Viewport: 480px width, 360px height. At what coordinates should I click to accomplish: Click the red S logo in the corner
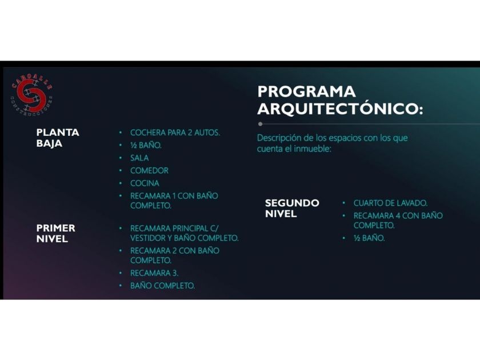click(x=31, y=95)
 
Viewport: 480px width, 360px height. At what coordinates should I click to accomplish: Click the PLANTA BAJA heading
click(x=58, y=138)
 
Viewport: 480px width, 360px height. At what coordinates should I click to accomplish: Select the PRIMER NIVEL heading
click(x=56, y=233)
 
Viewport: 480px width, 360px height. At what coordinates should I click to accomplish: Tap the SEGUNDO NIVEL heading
click(x=292, y=208)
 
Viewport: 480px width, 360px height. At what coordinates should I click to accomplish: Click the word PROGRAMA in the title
click(x=306, y=91)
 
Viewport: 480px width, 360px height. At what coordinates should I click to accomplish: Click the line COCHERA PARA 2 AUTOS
click(x=175, y=133)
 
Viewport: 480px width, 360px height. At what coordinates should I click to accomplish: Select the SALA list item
click(x=139, y=158)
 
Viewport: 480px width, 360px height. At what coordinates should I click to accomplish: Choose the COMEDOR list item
click(x=149, y=170)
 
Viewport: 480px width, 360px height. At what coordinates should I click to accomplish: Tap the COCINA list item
click(x=145, y=183)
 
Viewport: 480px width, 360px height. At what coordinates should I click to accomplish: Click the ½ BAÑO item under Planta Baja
click(x=146, y=145)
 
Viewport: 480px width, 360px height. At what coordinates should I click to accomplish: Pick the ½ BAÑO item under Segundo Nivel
click(x=369, y=238)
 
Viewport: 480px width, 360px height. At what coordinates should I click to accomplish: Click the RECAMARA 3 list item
click(x=154, y=273)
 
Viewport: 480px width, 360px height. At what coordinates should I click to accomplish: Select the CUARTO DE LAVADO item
click(x=390, y=203)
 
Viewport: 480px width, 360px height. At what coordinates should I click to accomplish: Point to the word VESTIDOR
click(x=148, y=238)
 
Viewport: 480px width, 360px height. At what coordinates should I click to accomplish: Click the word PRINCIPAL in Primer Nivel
click(x=190, y=229)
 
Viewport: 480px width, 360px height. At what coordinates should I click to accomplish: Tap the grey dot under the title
click(x=260, y=124)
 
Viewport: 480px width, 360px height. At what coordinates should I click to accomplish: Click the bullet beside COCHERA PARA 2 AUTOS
click(x=121, y=133)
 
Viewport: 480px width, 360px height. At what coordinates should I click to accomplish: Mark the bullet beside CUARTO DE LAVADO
click(x=344, y=203)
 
